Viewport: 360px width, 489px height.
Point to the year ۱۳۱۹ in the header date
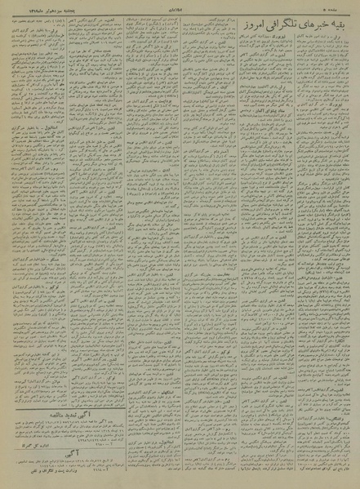point(20,6)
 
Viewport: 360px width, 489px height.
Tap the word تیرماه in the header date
point(36,6)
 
